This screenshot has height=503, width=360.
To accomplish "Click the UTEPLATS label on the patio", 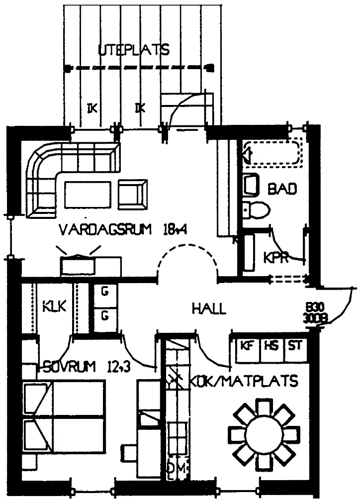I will (134, 50).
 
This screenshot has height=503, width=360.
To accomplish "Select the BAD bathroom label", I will (282, 189).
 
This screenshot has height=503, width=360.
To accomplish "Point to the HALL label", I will (209, 308).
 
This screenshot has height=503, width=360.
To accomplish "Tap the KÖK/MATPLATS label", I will (244, 381).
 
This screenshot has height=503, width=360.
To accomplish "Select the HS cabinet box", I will (271, 345).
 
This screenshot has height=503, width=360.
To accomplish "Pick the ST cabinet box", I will (295, 345).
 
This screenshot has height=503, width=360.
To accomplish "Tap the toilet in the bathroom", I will (258, 209).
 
